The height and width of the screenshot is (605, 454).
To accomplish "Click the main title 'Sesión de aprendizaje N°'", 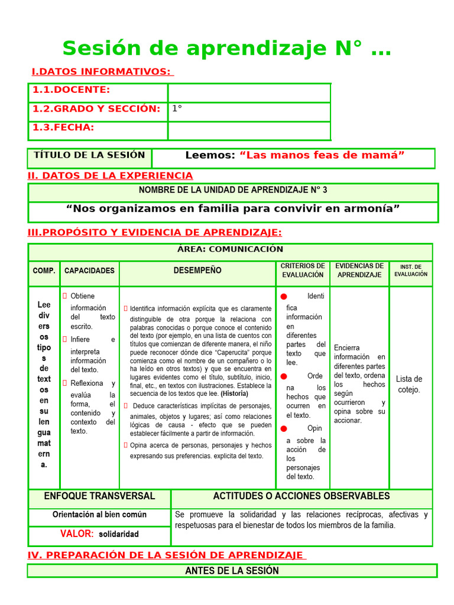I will point(226,48).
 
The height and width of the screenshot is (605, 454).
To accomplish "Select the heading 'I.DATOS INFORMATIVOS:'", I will point(102,71).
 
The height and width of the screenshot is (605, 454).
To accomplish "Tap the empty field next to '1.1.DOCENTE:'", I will point(249,93).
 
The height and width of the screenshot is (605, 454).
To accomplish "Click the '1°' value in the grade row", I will point(177,109).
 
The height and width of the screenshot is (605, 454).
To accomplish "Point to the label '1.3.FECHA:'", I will point(63,128).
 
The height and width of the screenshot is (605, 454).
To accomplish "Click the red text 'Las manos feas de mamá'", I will point(322,155).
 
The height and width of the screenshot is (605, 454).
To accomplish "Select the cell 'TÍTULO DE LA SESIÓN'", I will point(89,155).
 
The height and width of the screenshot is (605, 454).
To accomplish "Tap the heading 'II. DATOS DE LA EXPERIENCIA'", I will point(110,175).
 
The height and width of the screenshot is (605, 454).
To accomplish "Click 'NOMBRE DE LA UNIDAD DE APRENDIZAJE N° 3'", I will point(232,190).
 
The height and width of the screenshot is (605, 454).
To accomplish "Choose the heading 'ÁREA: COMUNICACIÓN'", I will point(230,249).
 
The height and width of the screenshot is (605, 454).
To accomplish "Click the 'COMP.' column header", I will point(44,271).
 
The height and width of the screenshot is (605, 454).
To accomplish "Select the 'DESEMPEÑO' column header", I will point(197,271).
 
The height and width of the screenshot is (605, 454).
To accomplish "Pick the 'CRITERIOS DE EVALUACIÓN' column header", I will point(303,271).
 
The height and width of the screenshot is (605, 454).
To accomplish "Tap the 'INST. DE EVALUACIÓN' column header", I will point(411,271).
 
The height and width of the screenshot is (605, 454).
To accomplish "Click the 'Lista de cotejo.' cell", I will point(409,384).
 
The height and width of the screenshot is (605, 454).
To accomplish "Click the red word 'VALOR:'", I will point(77,534).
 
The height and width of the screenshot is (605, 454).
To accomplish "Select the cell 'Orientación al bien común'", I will point(99,515).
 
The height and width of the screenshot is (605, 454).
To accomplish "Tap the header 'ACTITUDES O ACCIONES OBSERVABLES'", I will point(301,496).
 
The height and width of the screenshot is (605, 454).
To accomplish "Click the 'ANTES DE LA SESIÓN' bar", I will point(232,571).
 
